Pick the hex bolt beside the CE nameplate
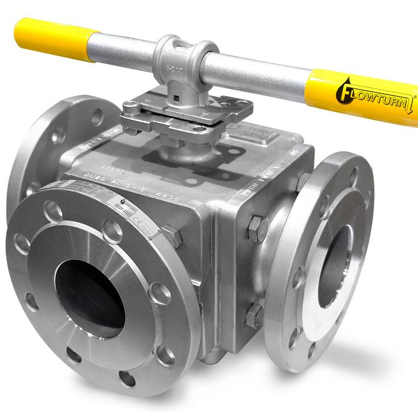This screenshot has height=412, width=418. tap(171, 236)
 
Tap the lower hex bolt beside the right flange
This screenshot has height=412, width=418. tap(254, 316)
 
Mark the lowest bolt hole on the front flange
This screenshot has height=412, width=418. tap(127, 378)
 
